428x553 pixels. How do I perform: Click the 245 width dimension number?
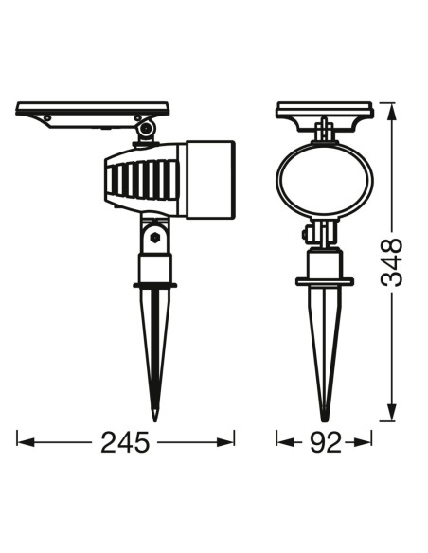125,442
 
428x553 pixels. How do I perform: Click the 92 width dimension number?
326,442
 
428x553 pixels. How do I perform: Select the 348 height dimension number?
391,262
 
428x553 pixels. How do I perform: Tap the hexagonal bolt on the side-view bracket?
154,238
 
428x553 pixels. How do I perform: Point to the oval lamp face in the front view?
324,180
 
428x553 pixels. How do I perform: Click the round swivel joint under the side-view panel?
146,129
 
